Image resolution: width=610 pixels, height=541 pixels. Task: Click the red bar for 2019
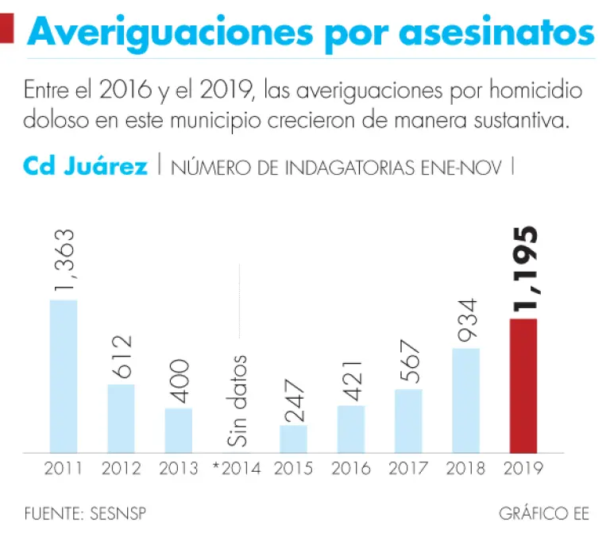click(523, 385)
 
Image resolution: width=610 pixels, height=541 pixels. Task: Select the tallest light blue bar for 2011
click(64, 376)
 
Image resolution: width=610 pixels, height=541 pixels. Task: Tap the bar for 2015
click(293, 439)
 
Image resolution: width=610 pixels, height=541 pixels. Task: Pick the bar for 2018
click(465, 400)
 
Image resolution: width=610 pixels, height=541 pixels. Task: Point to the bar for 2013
click(179, 430)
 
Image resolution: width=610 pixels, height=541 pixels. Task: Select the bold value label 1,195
click(523, 269)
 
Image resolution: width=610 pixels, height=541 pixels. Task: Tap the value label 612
click(121, 357)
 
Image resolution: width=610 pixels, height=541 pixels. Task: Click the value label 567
click(408, 362)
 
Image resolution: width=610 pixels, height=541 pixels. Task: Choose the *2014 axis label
click(236, 468)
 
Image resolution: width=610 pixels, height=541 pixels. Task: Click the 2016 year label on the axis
click(351, 468)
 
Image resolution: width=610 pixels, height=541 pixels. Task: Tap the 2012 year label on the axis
click(121, 468)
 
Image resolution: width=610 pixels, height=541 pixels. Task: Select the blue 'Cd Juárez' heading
click(85, 167)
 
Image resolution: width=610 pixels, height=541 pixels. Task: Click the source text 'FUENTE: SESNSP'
click(85, 514)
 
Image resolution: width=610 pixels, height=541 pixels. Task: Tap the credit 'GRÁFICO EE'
click(544, 514)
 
